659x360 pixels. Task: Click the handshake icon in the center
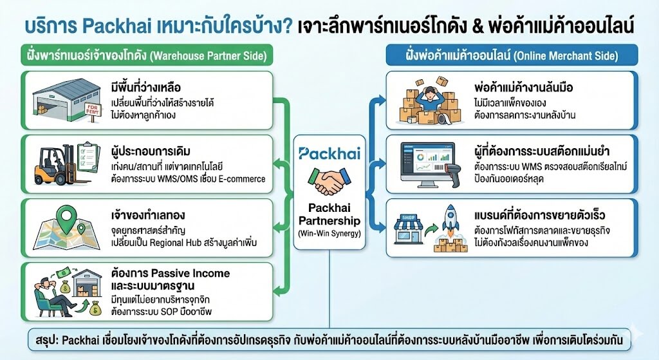tap(329, 182)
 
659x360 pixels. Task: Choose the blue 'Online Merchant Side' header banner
tap(511, 55)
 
